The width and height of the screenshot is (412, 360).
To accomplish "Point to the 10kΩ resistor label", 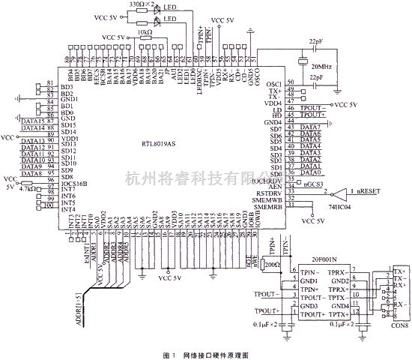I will click(x=145, y=33).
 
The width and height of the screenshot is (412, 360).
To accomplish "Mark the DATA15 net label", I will click(x=32, y=121).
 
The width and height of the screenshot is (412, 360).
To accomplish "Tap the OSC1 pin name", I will click(x=274, y=84).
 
